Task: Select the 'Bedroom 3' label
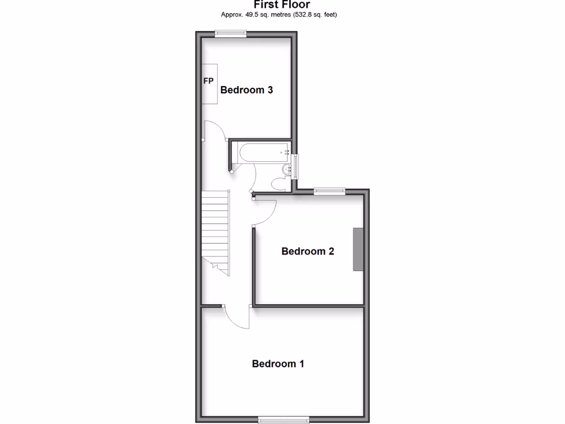click(x=247, y=90)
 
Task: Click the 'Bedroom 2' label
click(x=308, y=251)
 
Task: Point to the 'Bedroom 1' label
click(x=278, y=364)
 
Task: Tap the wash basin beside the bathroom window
click(x=286, y=169)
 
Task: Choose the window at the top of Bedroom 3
click(x=231, y=34)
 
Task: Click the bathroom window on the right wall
click(x=296, y=166)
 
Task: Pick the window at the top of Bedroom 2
click(x=329, y=191)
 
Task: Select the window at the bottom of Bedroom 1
click(x=285, y=419)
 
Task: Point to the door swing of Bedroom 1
click(x=237, y=319)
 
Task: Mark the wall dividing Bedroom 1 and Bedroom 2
click(x=309, y=305)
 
